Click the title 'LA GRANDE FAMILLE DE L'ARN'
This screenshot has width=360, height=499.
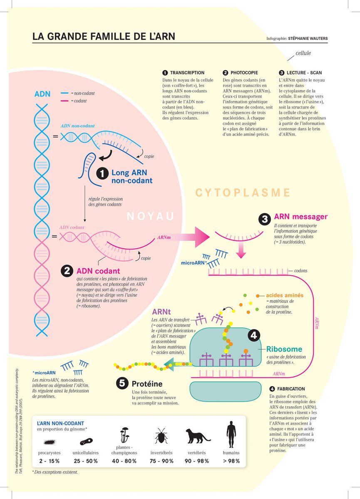pos(104,36)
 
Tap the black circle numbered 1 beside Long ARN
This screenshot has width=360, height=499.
pos(102,173)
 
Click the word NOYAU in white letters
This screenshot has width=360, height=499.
pos(150,216)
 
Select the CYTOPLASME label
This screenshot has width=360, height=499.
pos(243,193)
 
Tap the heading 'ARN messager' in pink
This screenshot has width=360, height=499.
pos(300,217)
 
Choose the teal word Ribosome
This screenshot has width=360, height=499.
pos(284,349)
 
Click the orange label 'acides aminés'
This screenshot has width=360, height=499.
pos(284,295)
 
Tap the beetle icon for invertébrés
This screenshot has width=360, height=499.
pos(161,437)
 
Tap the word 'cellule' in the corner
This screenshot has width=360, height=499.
pos(303,53)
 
